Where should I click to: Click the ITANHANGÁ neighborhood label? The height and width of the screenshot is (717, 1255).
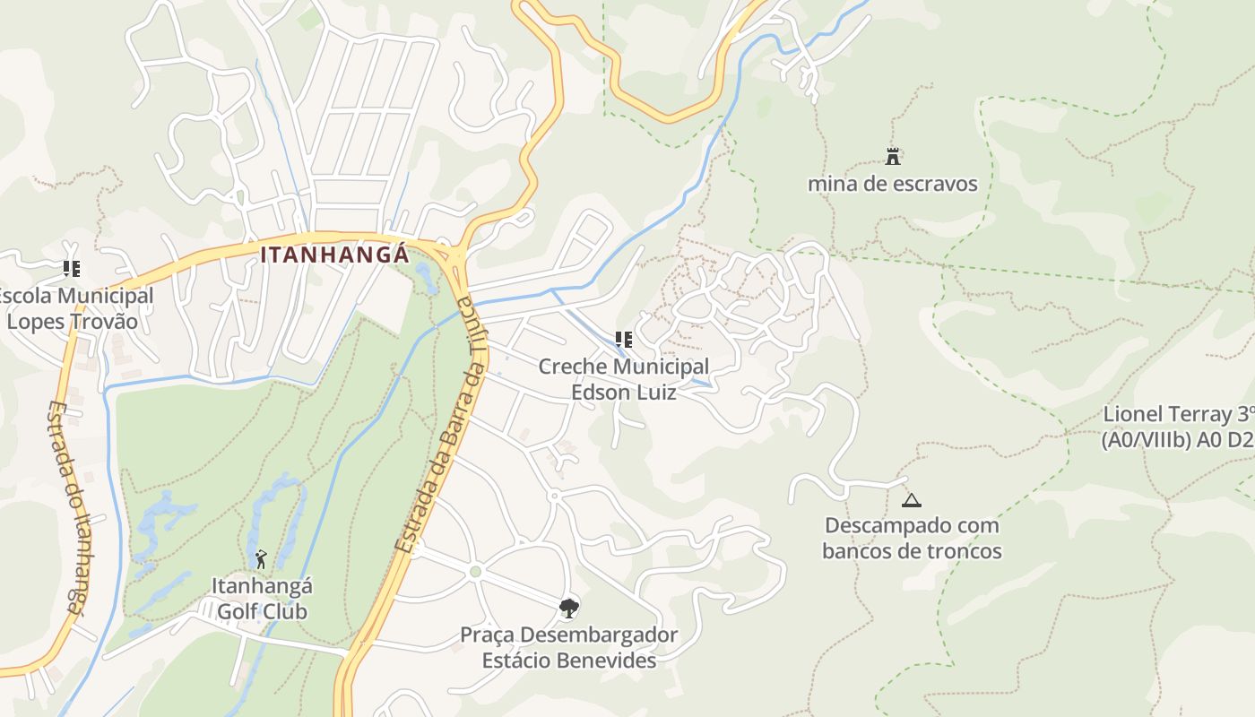[334, 255]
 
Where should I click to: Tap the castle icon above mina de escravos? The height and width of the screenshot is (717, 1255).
[892, 157]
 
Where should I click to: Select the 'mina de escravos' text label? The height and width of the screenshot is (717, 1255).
[892, 185]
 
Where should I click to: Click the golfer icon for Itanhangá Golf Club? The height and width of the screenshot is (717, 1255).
[261, 560]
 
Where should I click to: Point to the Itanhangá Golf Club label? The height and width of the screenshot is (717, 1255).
[261, 599]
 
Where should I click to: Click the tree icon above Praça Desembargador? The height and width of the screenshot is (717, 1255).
[568, 609]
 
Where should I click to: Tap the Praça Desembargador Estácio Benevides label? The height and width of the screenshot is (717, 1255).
[568, 647]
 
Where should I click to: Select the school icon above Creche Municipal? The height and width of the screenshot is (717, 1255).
[623, 340]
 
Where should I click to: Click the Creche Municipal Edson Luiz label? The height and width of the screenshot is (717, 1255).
[623, 379]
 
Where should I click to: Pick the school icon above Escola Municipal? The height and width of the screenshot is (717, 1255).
[72, 269]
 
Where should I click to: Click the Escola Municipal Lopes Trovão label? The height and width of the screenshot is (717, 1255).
[76, 308]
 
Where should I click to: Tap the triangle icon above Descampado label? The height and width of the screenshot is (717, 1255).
[912, 500]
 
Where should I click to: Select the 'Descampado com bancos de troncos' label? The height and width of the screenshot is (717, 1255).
[912, 538]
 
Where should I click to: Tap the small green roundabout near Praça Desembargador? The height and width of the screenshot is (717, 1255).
[475, 571]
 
